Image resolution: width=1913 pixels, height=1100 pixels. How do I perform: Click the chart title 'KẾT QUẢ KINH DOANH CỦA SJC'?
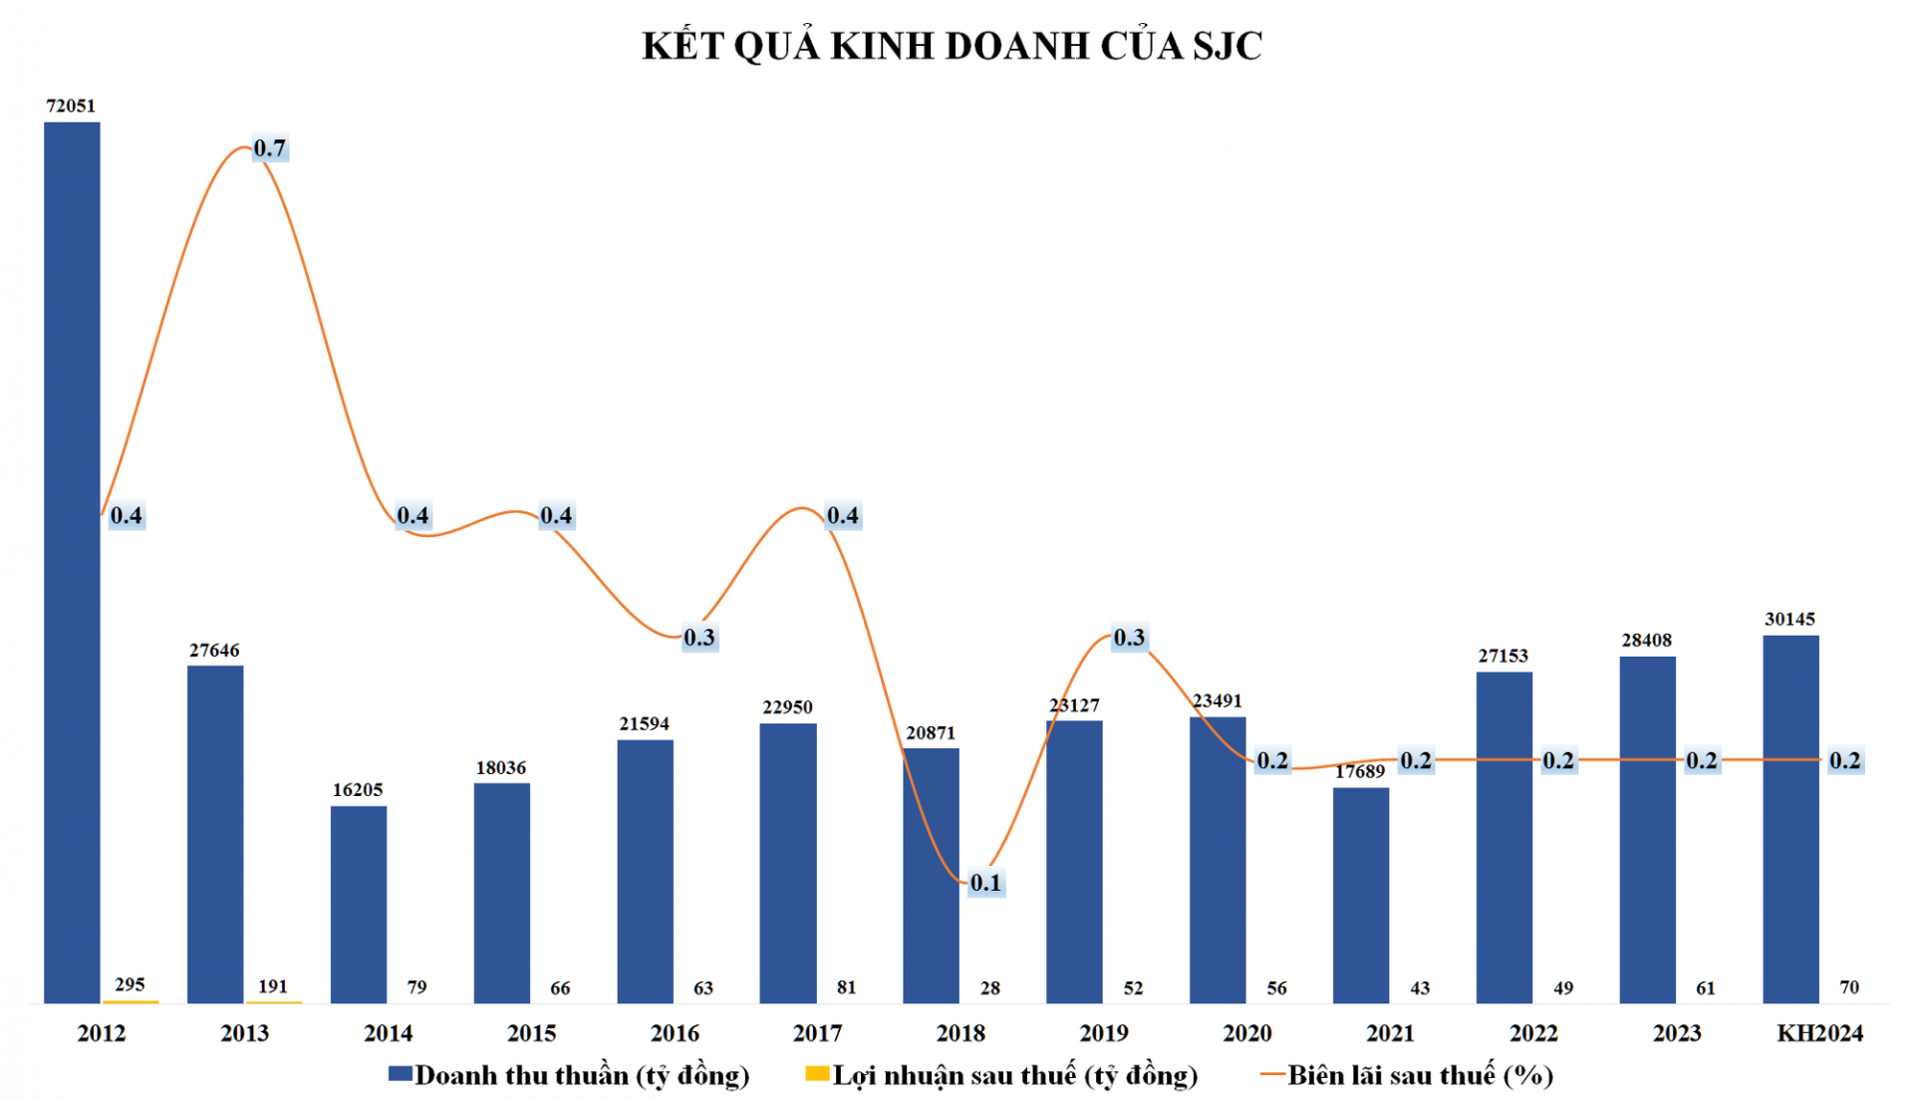pos(952,46)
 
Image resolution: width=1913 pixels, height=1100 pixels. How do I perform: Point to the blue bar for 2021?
pos(1361,895)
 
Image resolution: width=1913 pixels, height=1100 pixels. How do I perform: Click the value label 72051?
pos(71,106)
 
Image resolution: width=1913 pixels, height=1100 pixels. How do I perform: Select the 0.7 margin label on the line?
pos(269,148)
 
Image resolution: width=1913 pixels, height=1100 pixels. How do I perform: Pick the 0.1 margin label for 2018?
pos(985,883)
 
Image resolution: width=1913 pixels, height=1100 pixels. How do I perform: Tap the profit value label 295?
pos(130,984)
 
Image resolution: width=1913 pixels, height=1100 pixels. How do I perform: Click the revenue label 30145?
pos(1789,619)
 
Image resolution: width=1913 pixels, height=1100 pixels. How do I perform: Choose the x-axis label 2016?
pos(675,1033)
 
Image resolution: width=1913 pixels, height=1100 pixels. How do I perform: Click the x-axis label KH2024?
pos(1819,1033)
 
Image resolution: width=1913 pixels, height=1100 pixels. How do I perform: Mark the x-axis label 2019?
pos(1104,1033)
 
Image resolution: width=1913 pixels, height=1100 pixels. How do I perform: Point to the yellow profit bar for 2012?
pos(131,1000)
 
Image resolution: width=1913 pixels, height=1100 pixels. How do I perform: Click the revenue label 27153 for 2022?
pos(1503,656)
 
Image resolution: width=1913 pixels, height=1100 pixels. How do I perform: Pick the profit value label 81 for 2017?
pos(847,987)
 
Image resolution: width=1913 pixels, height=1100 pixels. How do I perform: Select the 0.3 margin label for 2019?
pos(1129,638)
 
